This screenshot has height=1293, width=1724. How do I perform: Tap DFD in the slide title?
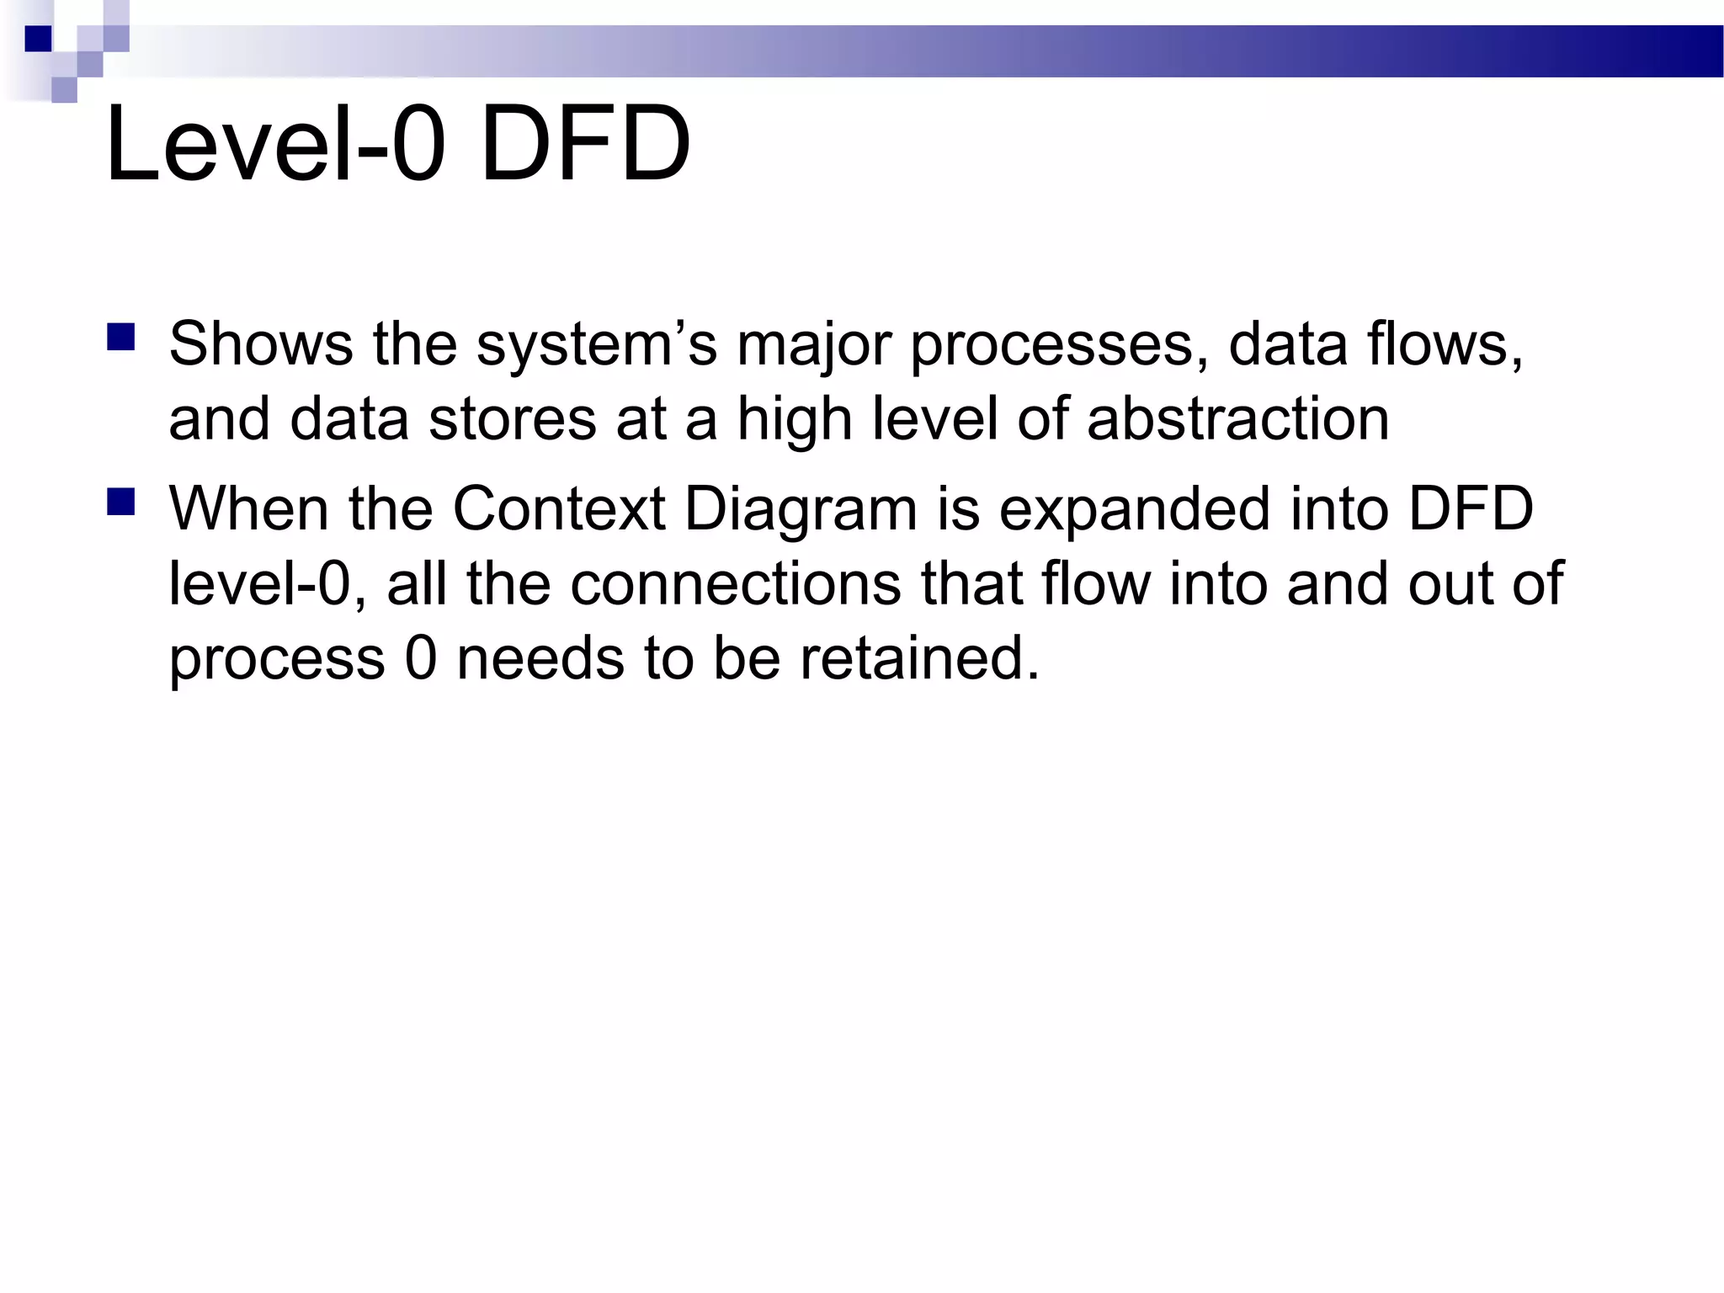tap(585, 143)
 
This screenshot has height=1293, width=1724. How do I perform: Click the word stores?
tap(512, 419)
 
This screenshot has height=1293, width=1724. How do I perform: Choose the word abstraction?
tap(1237, 419)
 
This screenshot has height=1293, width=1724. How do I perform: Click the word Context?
tap(559, 508)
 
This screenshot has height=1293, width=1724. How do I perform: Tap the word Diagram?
tap(801, 510)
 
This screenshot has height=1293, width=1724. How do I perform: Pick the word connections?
tap(736, 583)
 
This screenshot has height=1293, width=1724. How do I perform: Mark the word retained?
tap(919, 657)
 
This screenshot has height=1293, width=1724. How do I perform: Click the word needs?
tap(540, 657)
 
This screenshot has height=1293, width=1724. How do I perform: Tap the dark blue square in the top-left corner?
tap(38, 39)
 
